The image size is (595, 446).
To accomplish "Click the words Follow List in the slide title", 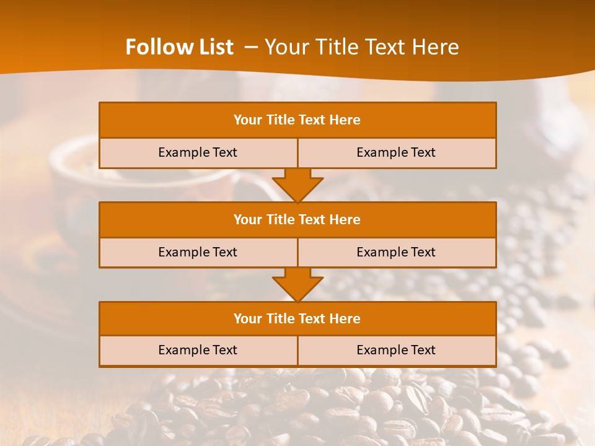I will click(x=179, y=47).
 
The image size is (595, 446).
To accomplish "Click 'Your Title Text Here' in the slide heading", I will click(x=361, y=47).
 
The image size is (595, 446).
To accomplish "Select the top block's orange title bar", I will click(x=297, y=120).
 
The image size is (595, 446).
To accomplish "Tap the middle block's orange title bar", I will click(x=297, y=219).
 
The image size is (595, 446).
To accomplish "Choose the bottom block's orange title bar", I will click(x=297, y=318).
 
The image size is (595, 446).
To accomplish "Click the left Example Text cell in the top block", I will click(x=198, y=152).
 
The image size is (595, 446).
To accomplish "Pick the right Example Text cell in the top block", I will click(x=396, y=152).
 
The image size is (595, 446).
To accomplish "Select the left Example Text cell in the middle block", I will click(x=198, y=252).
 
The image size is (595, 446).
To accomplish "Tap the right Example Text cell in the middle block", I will click(x=396, y=252).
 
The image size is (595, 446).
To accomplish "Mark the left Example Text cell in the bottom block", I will click(x=198, y=350).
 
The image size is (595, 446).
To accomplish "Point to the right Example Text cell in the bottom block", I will click(x=396, y=350).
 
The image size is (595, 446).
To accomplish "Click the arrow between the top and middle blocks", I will click(x=297, y=185).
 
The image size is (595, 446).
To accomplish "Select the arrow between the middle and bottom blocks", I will click(x=297, y=284).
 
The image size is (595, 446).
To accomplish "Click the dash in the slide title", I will click(x=251, y=47).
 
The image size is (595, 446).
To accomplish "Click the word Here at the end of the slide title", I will click(x=436, y=47).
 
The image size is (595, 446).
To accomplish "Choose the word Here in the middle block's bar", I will click(x=345, y=219).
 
